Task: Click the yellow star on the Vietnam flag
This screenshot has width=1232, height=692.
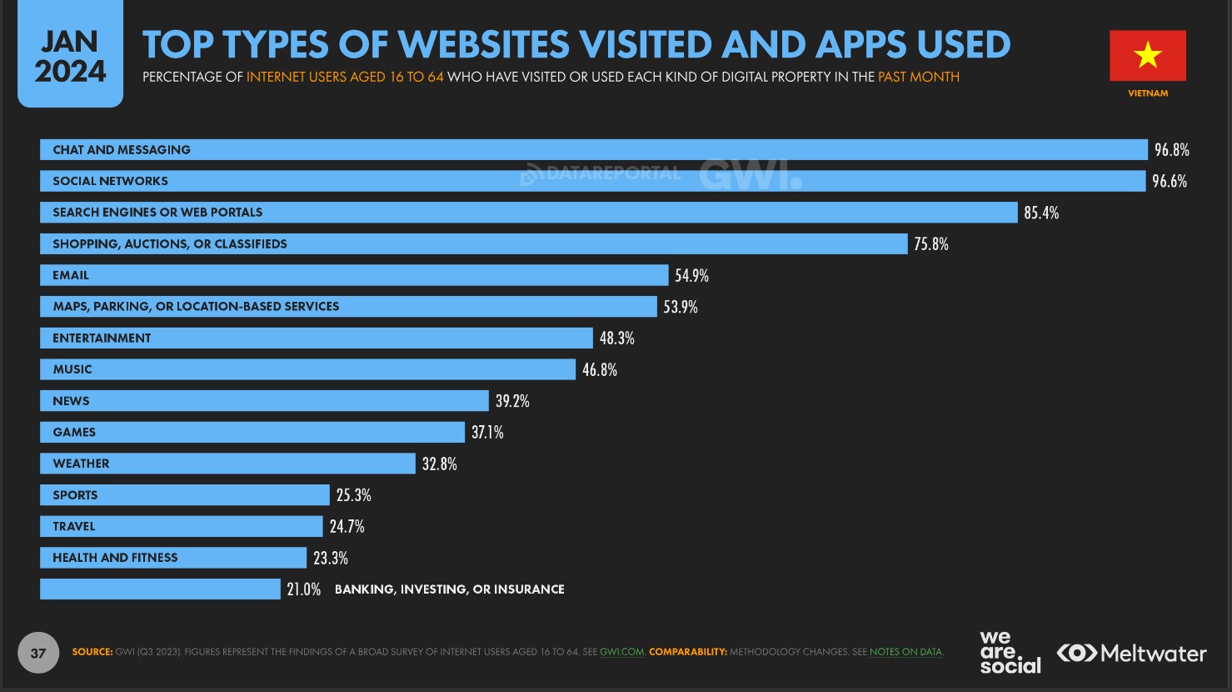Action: tap(1147, 56)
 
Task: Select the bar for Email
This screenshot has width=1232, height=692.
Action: tap(354, 275)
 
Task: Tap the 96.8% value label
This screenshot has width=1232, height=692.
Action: tap(1171, 150)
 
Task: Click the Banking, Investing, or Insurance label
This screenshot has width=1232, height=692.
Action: tap(449, 589)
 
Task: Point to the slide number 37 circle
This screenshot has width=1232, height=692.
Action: tap(38, 653)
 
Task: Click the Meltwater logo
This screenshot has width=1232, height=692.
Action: tap(1131, 653)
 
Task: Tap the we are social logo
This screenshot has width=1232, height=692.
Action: tap(1010, 652)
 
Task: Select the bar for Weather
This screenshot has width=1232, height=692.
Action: tap(227, 464)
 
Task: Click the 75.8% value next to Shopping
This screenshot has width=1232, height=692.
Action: tap(930, 244)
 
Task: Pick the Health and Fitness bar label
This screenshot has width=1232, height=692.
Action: tap(115, 558)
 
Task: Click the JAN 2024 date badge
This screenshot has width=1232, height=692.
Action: tap(70, 55)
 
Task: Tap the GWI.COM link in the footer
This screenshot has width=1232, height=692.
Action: tap(621, 652)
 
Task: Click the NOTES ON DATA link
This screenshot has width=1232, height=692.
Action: tap(906, 652)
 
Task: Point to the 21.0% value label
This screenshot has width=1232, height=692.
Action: tap(303, 589)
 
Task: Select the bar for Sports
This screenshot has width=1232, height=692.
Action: tap(185, 495)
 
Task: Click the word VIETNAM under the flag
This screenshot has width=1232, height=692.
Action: tap(1147, 93)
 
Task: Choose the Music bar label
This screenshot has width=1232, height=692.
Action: tap(72, 369)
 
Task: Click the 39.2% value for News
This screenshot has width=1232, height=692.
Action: tap(512, 401)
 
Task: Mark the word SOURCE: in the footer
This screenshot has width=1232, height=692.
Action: tap(92, 652)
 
